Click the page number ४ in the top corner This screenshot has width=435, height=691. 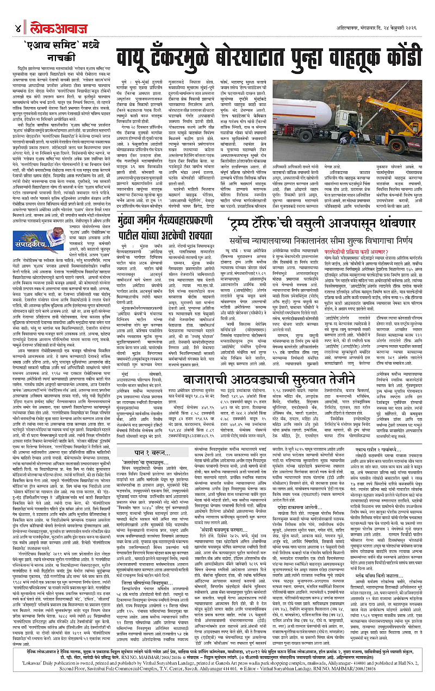point(18,28)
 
